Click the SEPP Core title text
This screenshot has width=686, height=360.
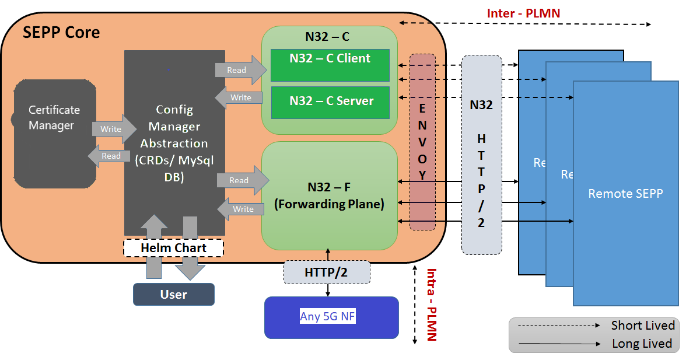(61, 33)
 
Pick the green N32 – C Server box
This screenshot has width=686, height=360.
(331, 102)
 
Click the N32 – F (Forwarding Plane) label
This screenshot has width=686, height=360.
(329, 196)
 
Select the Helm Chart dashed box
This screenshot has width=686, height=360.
(173, 248)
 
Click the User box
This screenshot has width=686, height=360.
(173, 294)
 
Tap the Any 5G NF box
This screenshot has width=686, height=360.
(331, 317)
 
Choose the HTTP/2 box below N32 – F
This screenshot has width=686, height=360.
(327, 272)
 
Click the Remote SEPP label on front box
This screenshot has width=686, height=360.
(625, 194)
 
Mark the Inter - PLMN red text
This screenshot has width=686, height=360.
(523, 13)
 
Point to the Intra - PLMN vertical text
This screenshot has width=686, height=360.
(431, 305)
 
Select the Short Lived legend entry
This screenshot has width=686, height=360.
(642, 326)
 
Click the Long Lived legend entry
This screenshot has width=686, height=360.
(642, 344)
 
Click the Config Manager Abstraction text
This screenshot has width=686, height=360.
(174, 143)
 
